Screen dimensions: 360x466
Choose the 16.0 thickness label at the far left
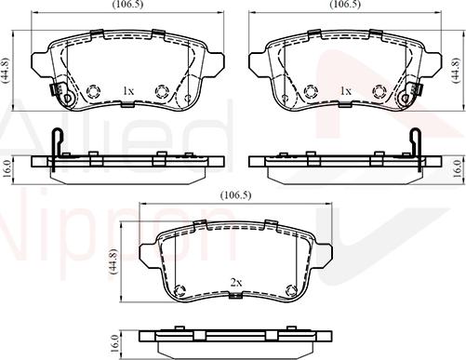(7, 167)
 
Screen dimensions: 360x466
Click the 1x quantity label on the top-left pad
(128, 91)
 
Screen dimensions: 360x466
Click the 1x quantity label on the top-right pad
(345, 91)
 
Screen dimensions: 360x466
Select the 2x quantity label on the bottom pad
(235, 282)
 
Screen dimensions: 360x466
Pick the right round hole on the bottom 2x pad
(290, 287)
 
